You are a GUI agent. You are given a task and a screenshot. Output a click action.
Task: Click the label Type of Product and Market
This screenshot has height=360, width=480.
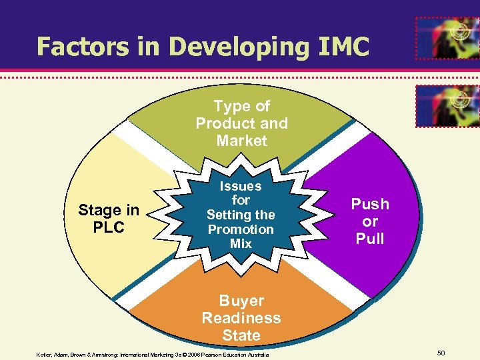click(241, 123)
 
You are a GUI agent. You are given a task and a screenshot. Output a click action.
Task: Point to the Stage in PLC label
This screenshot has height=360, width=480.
click(109, 219)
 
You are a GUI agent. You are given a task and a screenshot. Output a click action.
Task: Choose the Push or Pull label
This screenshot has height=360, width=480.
click(370, 221)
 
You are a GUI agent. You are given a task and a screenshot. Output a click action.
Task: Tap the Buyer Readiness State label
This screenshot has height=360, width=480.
click(241, 318)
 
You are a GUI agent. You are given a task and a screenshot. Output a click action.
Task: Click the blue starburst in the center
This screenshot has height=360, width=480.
click(241, 215)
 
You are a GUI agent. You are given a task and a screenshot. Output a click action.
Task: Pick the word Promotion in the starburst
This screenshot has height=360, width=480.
click(241, 229)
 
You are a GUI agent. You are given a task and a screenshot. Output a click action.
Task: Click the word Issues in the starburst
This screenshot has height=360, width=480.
click(241, 186)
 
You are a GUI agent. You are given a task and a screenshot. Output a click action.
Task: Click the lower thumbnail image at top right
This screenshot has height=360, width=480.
click(447, 106)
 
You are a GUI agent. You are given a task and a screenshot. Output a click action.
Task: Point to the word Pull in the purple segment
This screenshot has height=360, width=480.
click(370, 239)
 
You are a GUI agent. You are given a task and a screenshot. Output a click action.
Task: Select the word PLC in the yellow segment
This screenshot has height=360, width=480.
click(109, 227)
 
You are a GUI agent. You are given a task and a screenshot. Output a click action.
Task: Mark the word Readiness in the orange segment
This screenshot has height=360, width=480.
click(241, 318)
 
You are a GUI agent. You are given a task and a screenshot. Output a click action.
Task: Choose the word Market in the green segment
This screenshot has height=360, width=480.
click(241, 141)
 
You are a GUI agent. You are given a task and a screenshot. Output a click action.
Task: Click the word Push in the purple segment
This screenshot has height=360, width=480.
click(370, 204)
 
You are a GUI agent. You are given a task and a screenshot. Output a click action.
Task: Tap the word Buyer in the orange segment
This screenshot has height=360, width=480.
click(241, 301)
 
